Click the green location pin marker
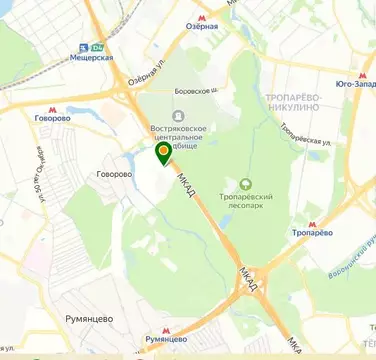(163, 153)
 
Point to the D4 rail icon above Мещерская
(97, 46)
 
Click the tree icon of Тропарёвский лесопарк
(246, 183)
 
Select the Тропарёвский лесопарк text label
(246, 202)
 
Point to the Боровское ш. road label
(195, 90)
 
